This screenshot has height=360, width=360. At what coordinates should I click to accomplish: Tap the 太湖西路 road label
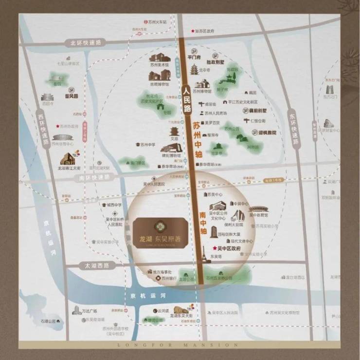click(96, 265)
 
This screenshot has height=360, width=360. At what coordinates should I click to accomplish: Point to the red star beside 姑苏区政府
click(192, 31)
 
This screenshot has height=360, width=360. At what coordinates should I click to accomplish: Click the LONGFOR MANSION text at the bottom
click(180, 345)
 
